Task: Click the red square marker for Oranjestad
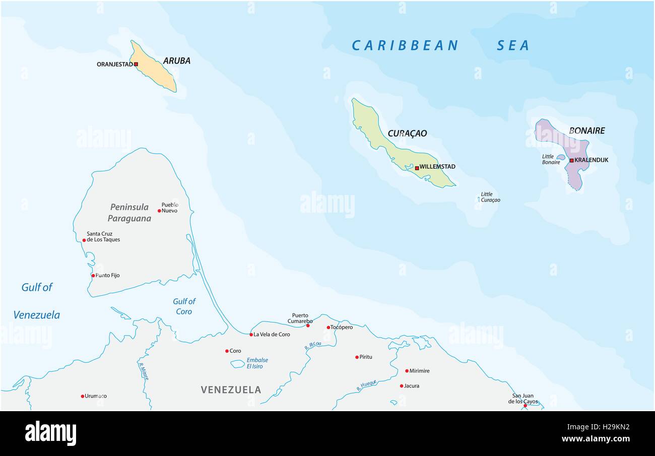pyautogui.click(x=136, y=64)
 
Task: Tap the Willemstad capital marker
pyautogui.click(x=417, y=168)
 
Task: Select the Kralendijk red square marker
pyautogui.click(x=571, y=160)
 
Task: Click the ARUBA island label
pyautogui.click(x=176, y=61)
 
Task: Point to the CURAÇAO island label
pyautogui.click(x=407, y=134)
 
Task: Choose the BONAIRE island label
pyautogui.click(x=586, y=131)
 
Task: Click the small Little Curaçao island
pyautogui.click(x=479, y=200)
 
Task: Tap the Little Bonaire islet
pyautogui.click(x=560, y=157)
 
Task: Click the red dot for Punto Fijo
pyautogui.click(x=93, y=276)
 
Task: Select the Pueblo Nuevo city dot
pyautogui.click(x=159, y=211)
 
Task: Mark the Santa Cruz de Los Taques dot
pyautogui.click(x=84, y=240)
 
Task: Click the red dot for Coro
pyautogui.click(x=227, y=351)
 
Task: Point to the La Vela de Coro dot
pyautogui.click(x=251, y=334)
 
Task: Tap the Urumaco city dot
pyautogui.click(x=83, y=396)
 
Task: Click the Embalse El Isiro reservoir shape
pyautogui.click(x=237, y=363)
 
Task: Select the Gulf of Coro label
pyautogui.click(x=184, y=306)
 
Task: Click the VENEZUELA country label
pyautogui.click(x=231, y=389)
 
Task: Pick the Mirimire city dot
pyautogui.click(x=407, y=371)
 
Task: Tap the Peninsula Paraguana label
pyautogui.click(x=129, y=213)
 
